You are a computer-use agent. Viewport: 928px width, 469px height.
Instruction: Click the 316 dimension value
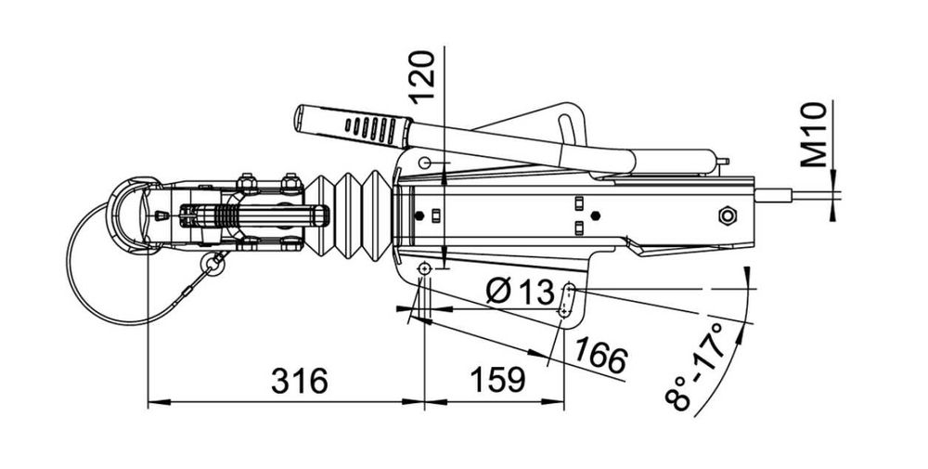click(x=300, y=381)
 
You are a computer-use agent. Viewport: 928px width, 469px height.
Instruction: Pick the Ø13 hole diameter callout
click(x=520, y=291)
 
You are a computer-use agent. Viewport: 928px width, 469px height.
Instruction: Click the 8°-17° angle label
click(x=695, y=368)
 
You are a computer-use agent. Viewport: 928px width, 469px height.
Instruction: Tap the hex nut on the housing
click(x=728, y=215)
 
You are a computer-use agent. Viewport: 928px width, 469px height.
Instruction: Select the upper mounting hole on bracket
click(x=424, y=163)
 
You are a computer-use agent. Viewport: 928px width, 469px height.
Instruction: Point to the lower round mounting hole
click(x=424, y=269)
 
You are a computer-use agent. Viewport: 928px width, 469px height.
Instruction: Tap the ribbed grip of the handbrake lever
click(x=353, y=125)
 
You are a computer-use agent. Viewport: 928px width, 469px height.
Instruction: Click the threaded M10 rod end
click(x=774, y=195)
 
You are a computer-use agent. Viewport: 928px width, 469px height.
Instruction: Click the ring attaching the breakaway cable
click(x=212, y=264)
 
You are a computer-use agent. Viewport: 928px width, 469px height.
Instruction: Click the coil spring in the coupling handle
click(x=225, y=215)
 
